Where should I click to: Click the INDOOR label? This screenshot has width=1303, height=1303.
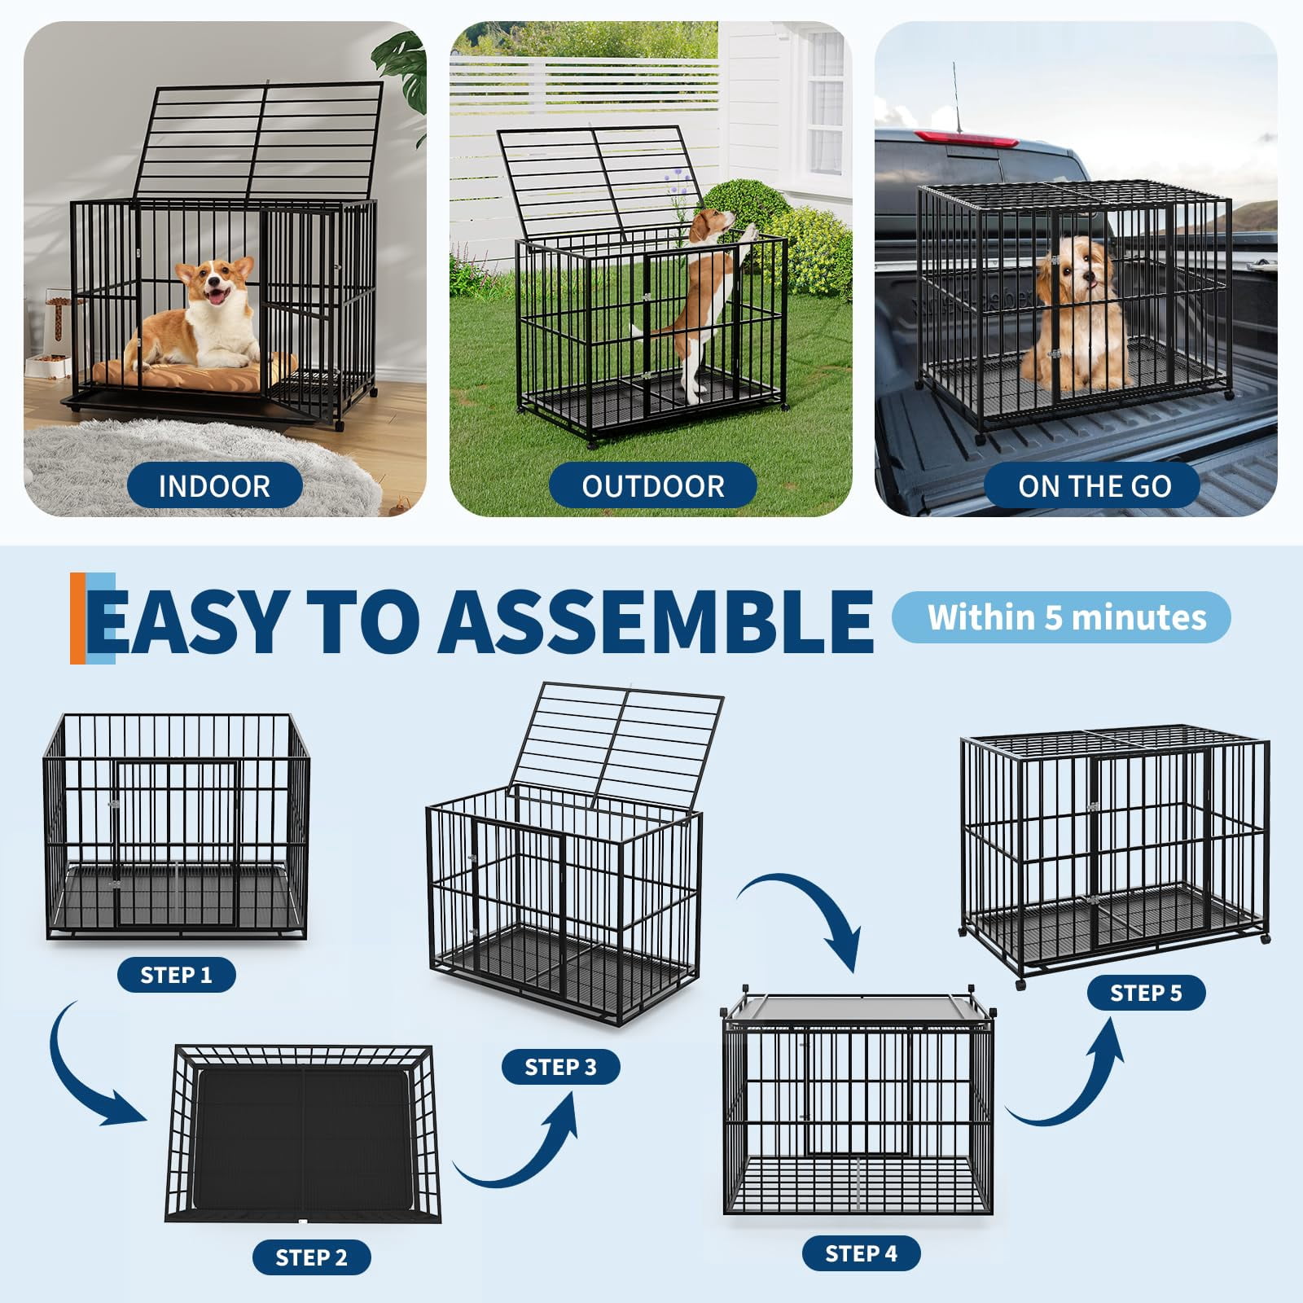click(215, 485)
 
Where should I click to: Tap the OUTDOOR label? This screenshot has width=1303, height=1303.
click(652, 485)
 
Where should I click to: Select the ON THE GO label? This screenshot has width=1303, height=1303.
click(1093, 485)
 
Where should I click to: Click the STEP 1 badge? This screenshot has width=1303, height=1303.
click(177, 975)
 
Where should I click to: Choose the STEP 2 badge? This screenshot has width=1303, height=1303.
click(312, 1257)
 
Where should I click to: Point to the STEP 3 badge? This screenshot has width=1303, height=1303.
click(561, 1067)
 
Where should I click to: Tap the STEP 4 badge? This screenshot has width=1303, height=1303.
click(862, 1253)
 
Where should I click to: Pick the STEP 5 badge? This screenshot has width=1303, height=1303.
click(1146, 993)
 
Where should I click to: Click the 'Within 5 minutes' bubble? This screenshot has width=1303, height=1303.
click(1061, 617)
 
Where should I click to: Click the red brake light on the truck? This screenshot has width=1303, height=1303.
click(967, 138)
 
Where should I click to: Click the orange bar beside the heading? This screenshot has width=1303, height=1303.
click(78, 618)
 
